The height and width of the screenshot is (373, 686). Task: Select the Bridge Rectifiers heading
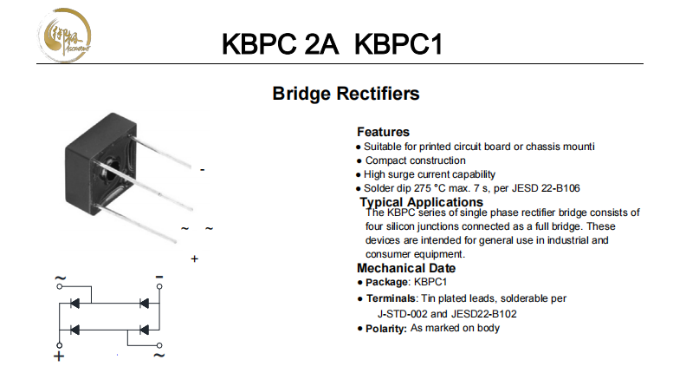coord(346,93)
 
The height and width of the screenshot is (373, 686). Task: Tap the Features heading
coord(383,132)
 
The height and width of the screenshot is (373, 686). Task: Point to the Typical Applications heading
coord(421,202)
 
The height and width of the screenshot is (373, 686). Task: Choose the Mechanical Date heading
coord(405,268)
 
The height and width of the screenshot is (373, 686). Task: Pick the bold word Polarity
coord(385,329)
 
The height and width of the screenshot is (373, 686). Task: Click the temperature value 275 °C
coord(433,188)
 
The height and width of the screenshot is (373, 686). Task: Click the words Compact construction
coord(415,160)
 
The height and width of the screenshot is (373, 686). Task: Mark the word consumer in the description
coord(388,254)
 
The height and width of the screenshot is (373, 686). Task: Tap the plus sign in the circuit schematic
coord(60,356)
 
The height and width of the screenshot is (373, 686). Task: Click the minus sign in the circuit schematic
coord(159,278)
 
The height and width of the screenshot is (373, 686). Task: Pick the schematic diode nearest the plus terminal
coord(75,329)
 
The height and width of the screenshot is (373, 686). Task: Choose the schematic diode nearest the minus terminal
coord(145,303)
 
